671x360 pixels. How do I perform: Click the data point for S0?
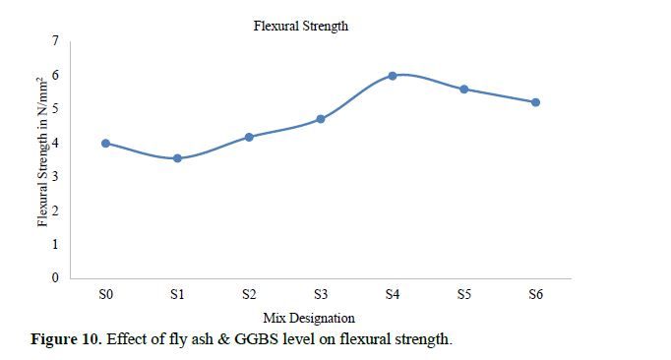105,144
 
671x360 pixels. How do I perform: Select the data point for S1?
177,158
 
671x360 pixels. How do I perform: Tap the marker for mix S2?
249,137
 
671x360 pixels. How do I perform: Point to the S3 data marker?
321,119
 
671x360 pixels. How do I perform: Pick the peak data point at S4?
393,76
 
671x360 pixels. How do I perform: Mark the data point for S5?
463,90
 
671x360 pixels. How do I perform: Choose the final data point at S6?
535,102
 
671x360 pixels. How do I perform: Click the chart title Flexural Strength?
301,26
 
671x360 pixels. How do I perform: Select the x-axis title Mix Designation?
309,318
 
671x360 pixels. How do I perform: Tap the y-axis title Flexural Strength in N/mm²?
42,151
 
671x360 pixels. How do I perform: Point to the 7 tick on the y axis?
55,40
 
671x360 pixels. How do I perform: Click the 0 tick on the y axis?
55,277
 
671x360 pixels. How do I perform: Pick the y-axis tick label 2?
55,210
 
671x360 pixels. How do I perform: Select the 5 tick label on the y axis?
55,108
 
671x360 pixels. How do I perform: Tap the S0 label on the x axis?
105,294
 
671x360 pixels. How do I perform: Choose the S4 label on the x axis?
393,294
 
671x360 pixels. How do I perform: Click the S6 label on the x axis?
535,294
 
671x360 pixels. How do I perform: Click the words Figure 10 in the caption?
66,339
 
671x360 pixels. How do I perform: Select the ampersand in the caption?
223,339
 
